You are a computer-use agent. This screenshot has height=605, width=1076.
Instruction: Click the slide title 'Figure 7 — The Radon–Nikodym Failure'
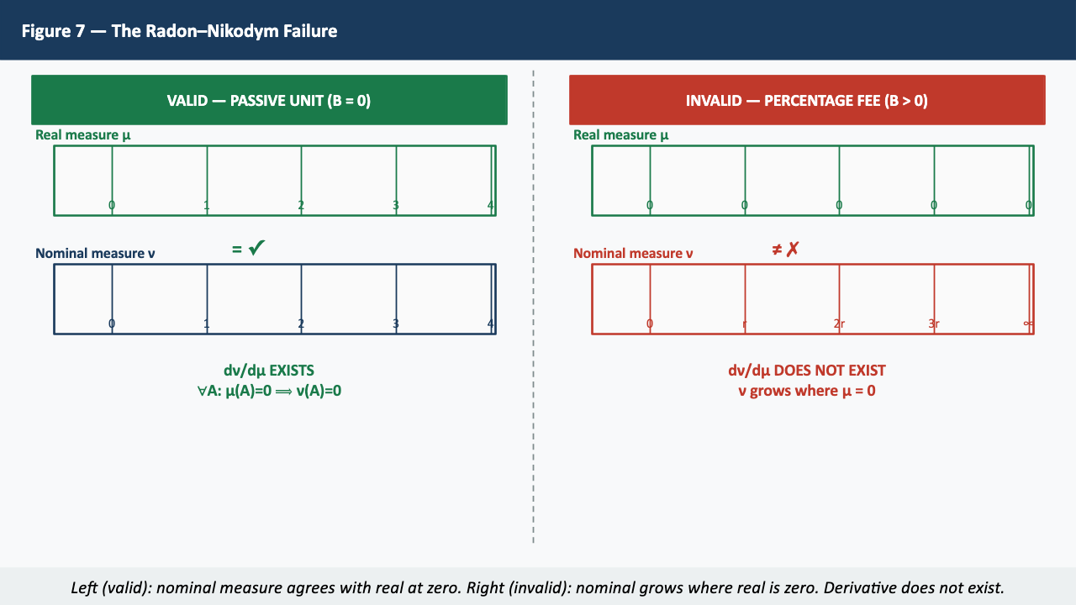pos(179,31)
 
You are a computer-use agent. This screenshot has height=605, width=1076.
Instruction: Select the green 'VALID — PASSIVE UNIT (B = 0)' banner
pos(269,100)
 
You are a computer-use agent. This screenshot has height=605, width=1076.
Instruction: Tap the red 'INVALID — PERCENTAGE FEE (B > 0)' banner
pos(807,100)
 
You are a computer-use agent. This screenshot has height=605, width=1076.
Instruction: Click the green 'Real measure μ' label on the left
pos(82,134)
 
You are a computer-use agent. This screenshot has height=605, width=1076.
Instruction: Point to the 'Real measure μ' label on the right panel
pos(620,134)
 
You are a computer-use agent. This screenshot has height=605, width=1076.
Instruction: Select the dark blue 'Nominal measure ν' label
pos(95,253)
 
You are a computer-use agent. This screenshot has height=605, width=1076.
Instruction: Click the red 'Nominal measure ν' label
pos(633,253)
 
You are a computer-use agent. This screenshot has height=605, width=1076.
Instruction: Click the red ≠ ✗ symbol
pos(785,249)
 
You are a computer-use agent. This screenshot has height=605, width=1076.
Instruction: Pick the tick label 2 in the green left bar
pos(301,205)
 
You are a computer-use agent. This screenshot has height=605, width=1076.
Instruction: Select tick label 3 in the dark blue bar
pos(396,324)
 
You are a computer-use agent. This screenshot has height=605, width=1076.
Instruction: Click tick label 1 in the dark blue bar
pos(207,324)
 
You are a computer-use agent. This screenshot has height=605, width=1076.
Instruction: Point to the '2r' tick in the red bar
pos(839,324)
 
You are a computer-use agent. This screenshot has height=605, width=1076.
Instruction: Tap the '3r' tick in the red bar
pos(934,324)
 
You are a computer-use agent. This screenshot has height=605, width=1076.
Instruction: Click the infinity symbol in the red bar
pos(1028,324)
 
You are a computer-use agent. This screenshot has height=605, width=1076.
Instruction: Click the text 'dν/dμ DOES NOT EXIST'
pos(807,371)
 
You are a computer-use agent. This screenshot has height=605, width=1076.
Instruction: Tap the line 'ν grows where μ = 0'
pos(807,391)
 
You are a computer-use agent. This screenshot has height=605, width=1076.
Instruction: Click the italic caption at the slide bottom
pos(538,587)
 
